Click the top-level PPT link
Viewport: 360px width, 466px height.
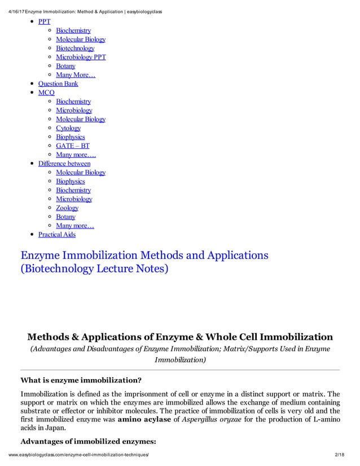(44, 21)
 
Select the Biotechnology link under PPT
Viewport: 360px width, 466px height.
(75, 49)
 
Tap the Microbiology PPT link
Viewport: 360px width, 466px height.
(81, 57)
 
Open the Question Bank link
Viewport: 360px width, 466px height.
(58, 83)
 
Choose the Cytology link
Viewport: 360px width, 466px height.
(68, 128)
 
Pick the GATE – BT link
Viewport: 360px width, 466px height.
(72, 146)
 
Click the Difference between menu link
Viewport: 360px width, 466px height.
(64, 164)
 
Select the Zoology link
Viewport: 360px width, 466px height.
(67, 208)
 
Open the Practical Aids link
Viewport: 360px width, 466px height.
(56, 234)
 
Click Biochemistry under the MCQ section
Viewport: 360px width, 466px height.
(73, 102)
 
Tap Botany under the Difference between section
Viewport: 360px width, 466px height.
(65, 217)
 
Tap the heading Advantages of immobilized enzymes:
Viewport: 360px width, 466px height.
(87, 442)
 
